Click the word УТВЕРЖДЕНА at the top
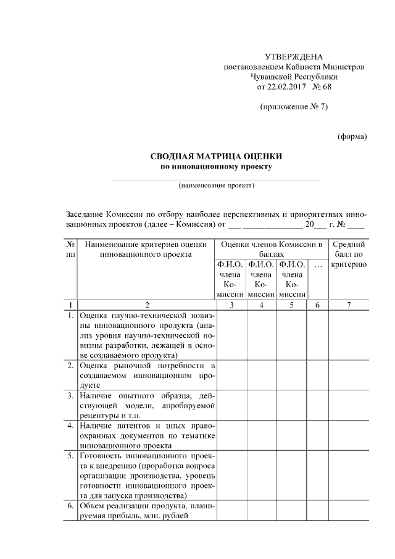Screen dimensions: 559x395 293,56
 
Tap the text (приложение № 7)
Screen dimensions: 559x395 293,107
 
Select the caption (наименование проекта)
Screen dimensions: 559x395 216,185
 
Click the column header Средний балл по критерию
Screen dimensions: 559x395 349,254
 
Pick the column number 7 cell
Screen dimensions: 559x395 349,305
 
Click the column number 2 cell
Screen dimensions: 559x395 146,305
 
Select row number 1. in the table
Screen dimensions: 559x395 72,316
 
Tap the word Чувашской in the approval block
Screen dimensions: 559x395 273,77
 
